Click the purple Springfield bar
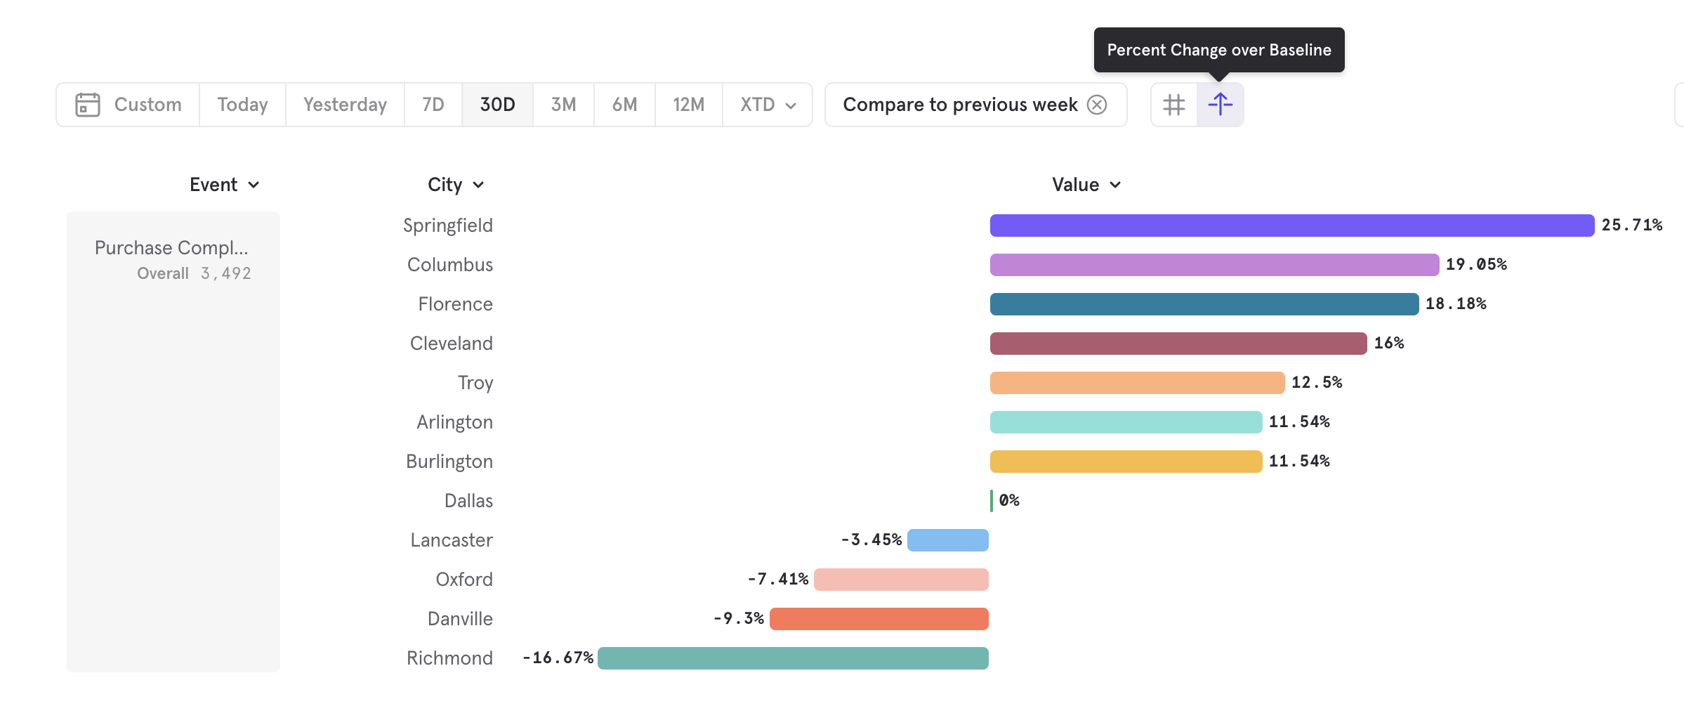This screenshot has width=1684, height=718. tap(1291, 226)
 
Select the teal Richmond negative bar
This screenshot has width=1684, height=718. tap(793, 658)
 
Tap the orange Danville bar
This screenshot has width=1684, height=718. tap(879, 619)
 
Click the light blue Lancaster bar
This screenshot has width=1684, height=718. tap(947, 540)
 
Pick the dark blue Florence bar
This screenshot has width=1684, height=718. tap(1204, 304)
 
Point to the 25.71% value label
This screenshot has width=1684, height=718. tap(1631, 226)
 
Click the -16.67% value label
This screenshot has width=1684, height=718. tap(558, 658)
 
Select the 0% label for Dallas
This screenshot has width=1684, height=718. tap(1009, 501)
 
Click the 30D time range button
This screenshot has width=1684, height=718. tap(497, 105)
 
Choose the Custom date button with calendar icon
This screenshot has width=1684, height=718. tap(129, 105)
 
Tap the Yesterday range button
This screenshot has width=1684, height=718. tap(345, 105)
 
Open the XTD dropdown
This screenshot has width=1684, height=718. tap(768, 105)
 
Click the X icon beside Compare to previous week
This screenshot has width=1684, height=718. tap(1097, 105)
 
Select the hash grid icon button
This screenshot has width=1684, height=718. tap(1174, 105)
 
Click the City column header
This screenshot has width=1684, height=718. tap(455, 185)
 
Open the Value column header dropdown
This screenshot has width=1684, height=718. tap(1086, 185)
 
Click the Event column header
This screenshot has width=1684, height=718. tap(224, 185)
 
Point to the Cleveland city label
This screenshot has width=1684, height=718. tap(451, 344)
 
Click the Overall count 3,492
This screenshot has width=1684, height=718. tap(225, 273)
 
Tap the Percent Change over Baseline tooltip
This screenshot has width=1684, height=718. tap(1218, 50)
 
